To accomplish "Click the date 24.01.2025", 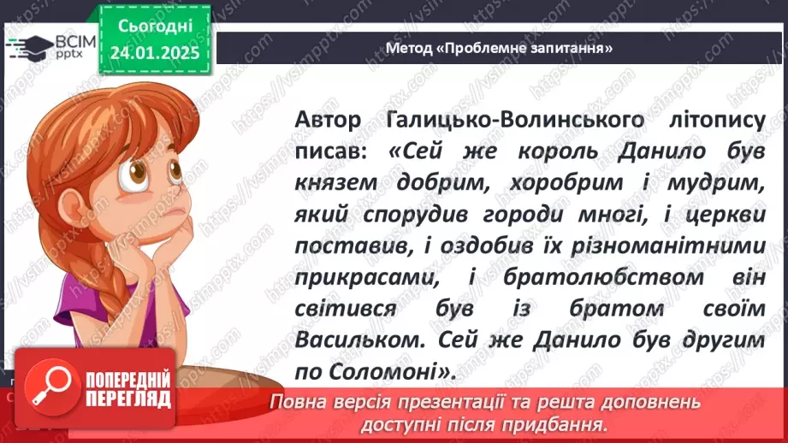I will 155,53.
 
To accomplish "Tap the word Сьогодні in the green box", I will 155,26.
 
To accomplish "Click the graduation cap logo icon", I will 24,47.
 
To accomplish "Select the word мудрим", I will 712,186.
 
